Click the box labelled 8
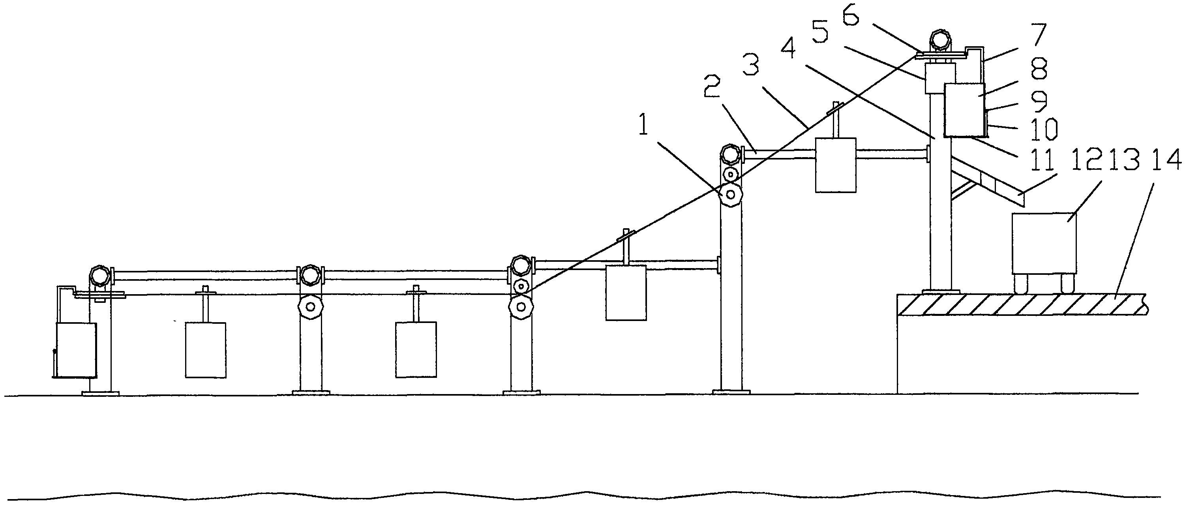click(964, 109)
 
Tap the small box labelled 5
click(940, 78)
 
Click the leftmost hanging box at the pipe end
click(76, 350)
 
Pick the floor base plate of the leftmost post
click(100, 393)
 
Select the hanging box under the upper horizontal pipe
click(835, 165)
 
